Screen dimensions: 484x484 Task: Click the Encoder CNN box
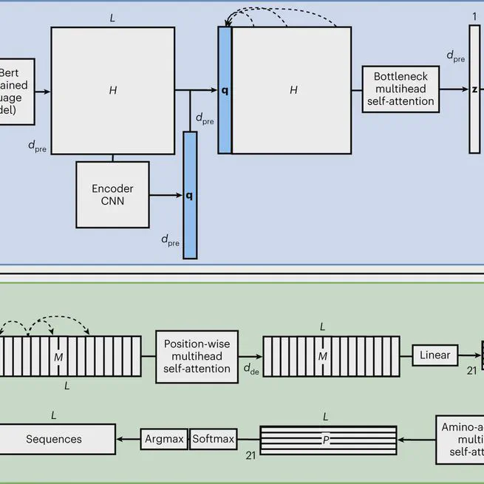[x=112, y=194]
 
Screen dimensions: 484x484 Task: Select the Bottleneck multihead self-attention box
[x=400, y=89]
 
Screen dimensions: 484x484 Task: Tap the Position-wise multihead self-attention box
[x=197, y=356]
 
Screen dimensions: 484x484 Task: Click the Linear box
[x=434, y=355]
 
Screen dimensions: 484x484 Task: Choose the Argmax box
[x=163, y=439]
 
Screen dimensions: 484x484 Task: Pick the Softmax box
[x=214, y=439]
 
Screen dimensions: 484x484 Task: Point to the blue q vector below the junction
[x=190, y=195]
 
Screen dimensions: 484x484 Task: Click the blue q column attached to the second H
[x=225, y=90]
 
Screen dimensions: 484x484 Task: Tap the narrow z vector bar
[x=474, y=89]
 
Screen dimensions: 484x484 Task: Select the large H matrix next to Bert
[x=112, y=90]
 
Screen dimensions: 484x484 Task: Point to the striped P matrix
[x=327, y=439]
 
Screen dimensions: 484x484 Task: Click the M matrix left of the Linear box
[x=322, y=357]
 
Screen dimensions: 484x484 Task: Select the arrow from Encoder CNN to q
[x=166, y=196]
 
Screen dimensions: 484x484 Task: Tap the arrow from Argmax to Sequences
[x=129, y=439]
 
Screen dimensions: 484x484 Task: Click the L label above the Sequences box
[x=54, y=415]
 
